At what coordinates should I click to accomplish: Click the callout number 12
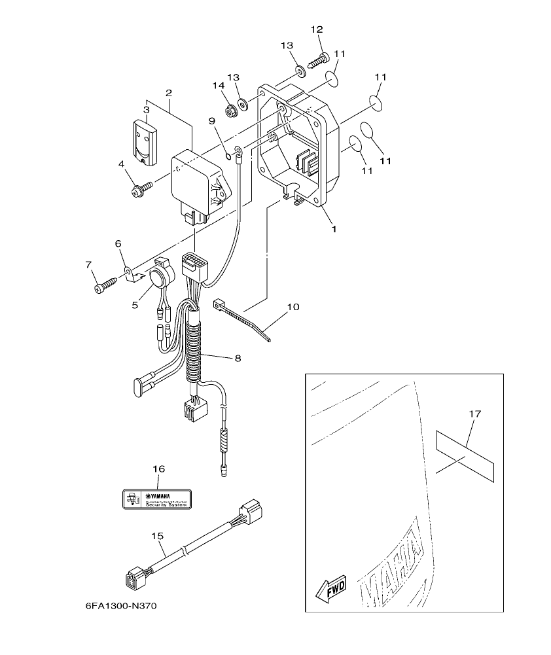coord(317,29)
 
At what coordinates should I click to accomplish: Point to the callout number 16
coord(159,469)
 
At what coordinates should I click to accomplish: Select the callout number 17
coord(475,414)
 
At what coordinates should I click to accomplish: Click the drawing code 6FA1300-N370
coord(121,606)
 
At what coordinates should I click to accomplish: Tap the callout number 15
coord(156,536)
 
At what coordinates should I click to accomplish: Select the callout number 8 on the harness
coord(238,357)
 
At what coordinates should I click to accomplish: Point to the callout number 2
coord(168,93)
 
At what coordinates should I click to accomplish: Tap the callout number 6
coord(118,243)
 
